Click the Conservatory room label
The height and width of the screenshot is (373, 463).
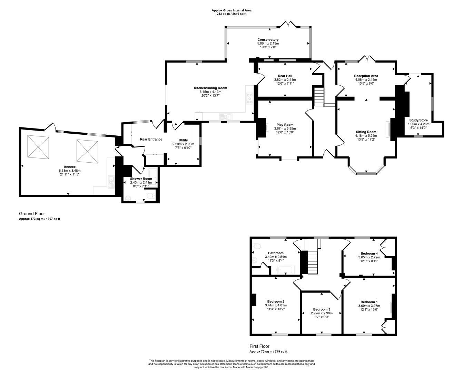point(268,40)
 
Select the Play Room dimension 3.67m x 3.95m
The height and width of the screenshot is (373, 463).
point(285,128)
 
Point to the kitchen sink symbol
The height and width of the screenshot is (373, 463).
point(225,117)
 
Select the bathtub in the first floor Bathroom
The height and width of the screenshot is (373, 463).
point(286,270)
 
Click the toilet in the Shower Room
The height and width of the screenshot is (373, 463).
point(151,195)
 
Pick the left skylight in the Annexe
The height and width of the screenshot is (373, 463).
point(38,147)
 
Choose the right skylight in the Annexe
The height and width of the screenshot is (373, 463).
point(87,151)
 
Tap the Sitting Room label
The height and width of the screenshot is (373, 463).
point(366,132)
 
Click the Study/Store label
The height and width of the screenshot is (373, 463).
point(418,120)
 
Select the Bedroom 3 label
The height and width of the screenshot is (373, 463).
point(322,309)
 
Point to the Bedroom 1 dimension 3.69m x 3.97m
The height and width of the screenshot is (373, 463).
point(369,306)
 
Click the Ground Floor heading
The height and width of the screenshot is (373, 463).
point(32,213)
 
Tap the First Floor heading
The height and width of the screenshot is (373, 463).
point(259,346)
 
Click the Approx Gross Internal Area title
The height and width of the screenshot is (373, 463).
point(231,10)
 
